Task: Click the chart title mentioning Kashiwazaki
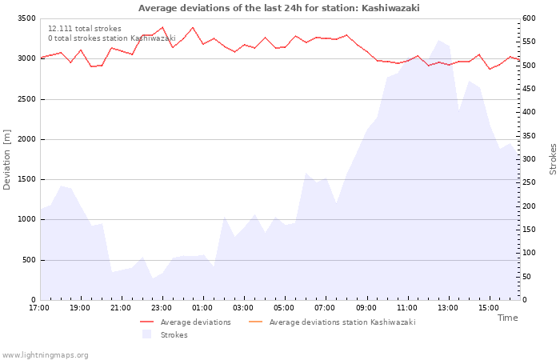278,8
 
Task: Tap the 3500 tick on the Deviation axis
26,18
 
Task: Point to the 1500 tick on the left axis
26,179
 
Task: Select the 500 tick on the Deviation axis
29,260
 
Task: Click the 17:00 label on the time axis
39,307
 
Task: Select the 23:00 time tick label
162,307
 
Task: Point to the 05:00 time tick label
284,307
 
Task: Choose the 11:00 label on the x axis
406,307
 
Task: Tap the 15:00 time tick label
488,307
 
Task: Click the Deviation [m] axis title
8,159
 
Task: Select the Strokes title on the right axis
553,159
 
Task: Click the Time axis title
507,318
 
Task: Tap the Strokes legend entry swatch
146,334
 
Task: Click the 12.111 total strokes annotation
85,29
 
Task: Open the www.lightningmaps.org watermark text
46,355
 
